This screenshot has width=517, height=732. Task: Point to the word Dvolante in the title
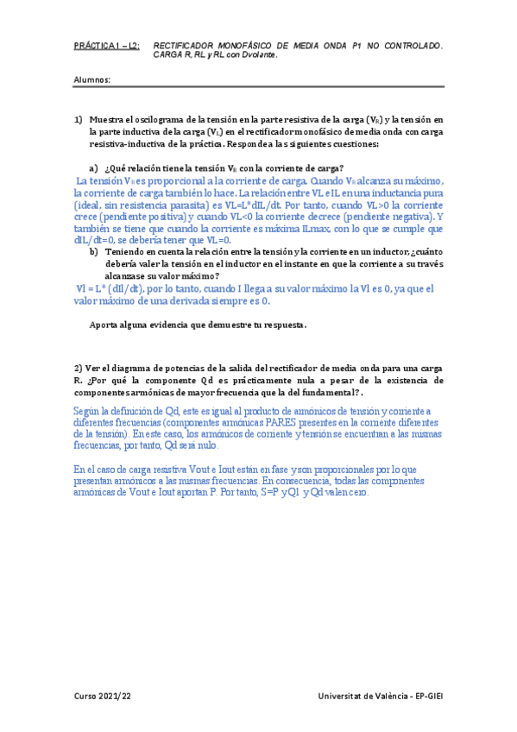click(258, 54)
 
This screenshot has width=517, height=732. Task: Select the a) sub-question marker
click(94, 167)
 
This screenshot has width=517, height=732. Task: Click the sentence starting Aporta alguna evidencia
click(198, 325)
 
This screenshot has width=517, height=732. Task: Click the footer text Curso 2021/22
click(103, 695)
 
